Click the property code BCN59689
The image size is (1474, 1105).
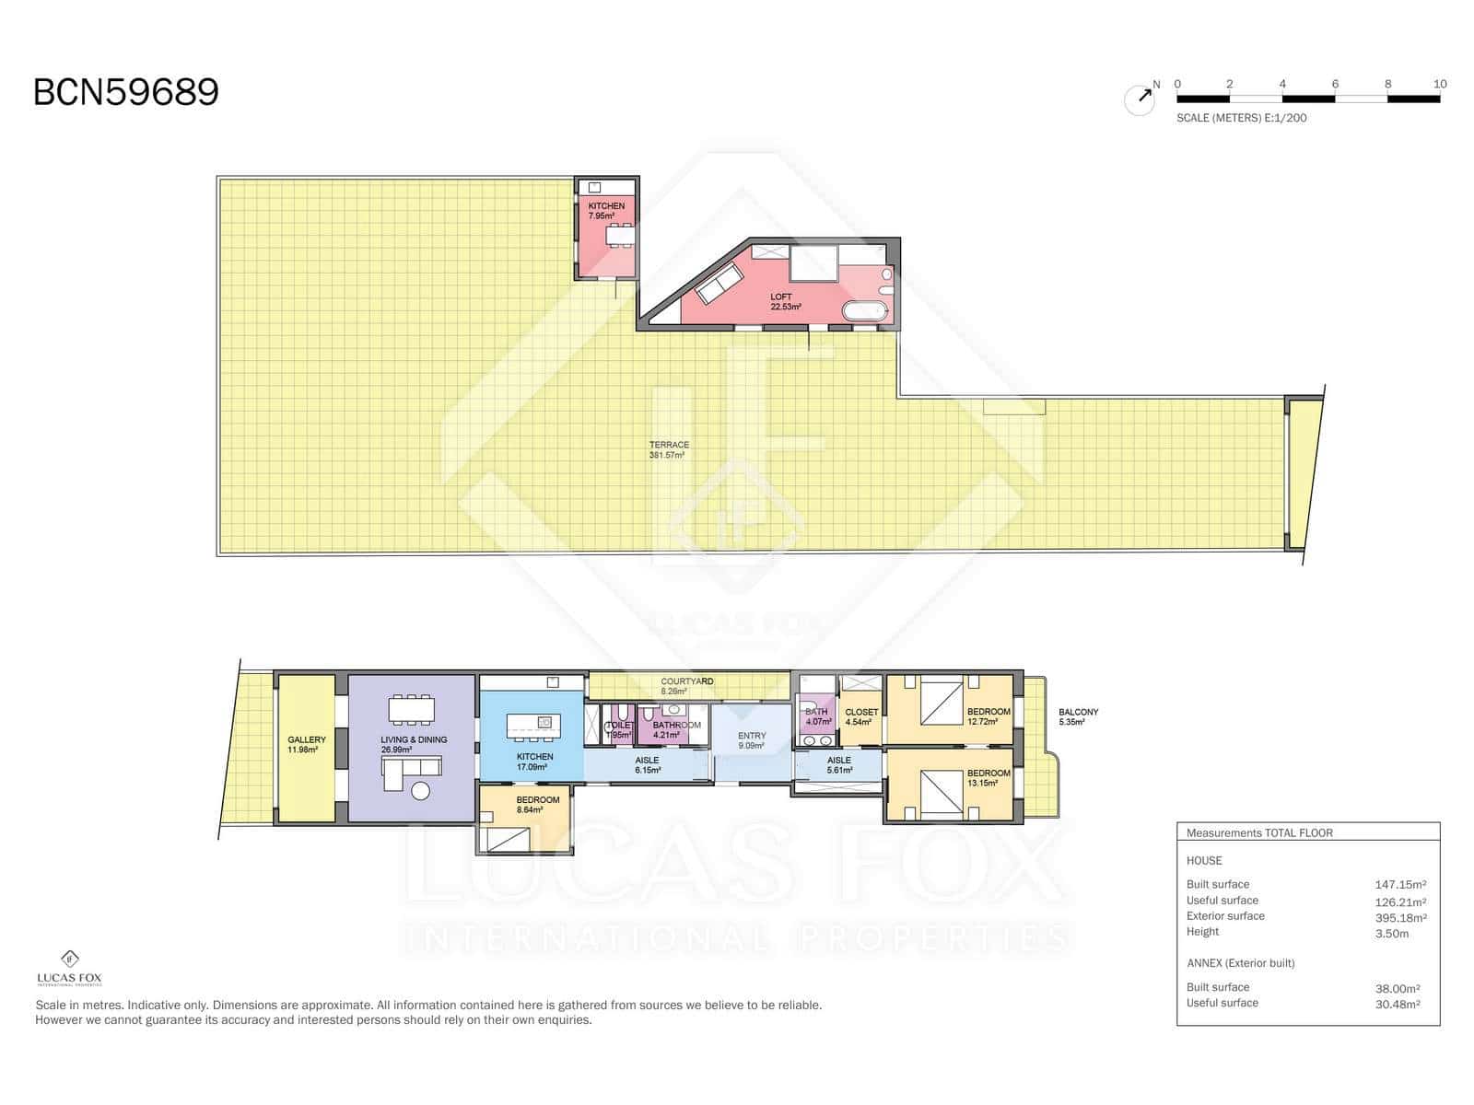[126, 93]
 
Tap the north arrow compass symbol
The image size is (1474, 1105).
[1140, 99]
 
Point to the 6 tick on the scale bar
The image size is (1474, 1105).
[1335, 85]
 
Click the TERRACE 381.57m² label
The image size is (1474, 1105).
[668, 450]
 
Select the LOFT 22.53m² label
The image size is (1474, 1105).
[784, 302]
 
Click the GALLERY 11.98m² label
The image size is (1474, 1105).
[306, 745]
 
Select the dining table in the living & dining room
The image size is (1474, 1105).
[412, 709]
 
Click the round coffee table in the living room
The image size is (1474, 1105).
[421, 790]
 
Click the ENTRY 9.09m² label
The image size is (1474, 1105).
[752, 740]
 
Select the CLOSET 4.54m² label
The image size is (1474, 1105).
[860, 716]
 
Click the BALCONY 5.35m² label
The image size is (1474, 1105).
[1077, 716]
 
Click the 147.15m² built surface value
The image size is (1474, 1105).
[1399, 885]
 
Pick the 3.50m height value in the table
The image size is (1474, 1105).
[1391, 934]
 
